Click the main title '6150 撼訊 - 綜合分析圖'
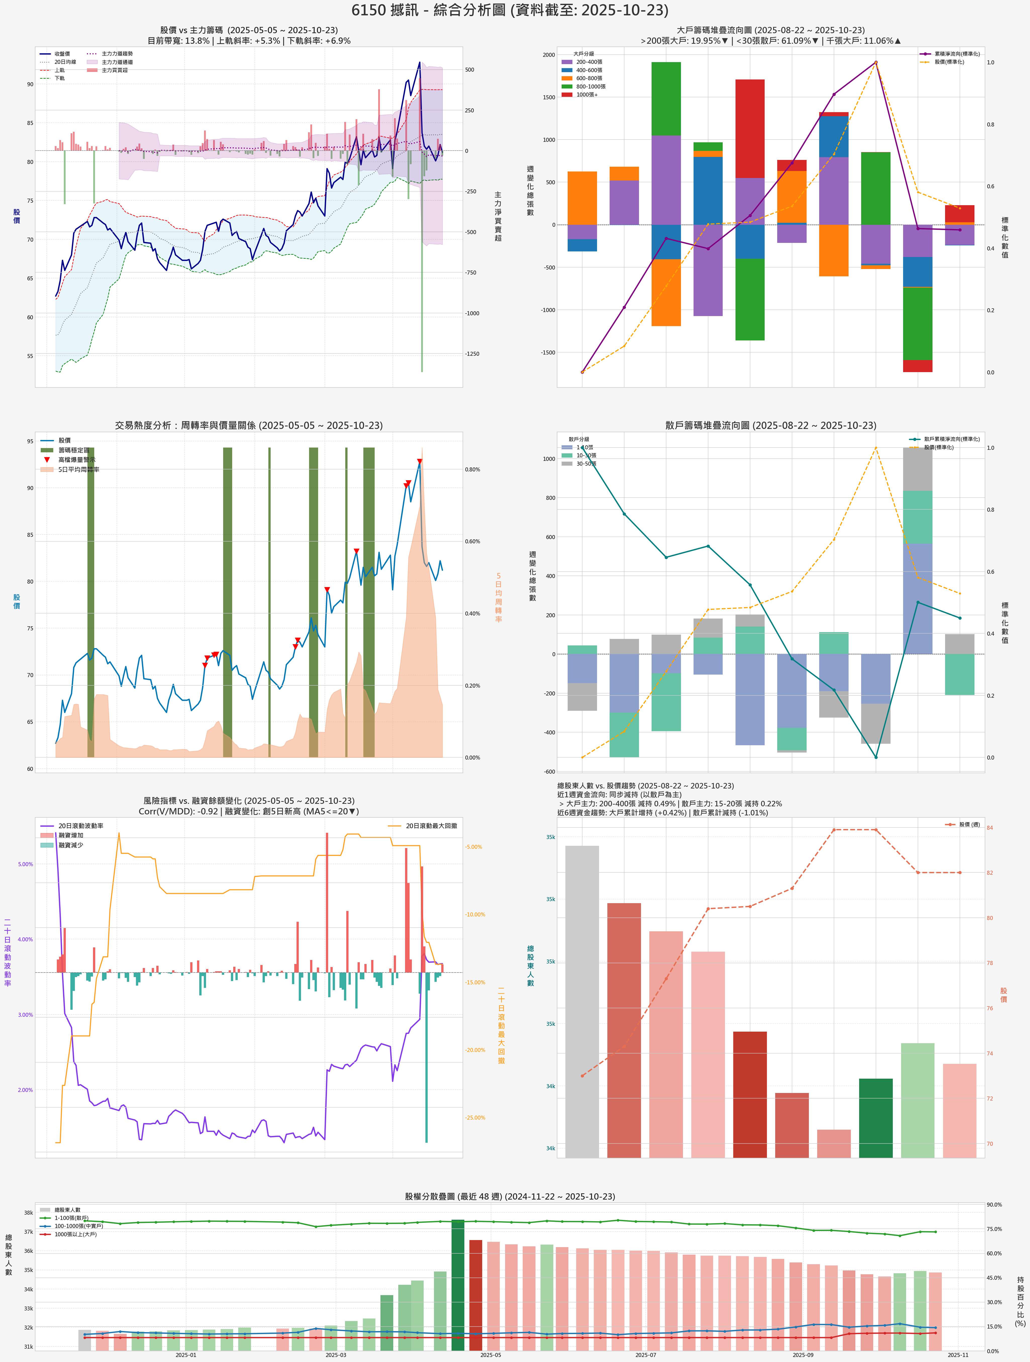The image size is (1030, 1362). pos(509,11)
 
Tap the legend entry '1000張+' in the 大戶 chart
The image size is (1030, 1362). pos(586,95)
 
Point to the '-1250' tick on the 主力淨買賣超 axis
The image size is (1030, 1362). pos(471,354)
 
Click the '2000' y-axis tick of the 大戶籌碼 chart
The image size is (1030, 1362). pos(548,55)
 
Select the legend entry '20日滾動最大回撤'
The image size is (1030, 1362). pos(431,826)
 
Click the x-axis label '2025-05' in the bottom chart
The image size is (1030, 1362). pos(491,1355)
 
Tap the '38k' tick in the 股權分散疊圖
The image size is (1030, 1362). pos(28,1212)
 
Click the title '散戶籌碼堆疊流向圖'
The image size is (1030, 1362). pos(770,425)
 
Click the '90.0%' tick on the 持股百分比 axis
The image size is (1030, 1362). pos(994,1204)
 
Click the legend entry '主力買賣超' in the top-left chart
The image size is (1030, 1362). pos(114,70)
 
